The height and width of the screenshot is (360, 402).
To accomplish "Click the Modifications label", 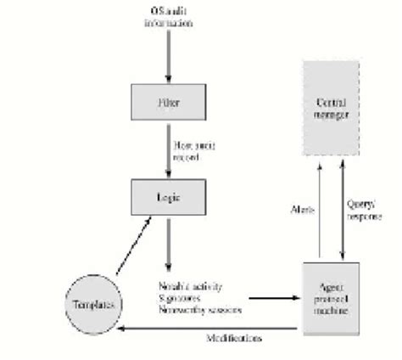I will [x=234, y=339].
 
